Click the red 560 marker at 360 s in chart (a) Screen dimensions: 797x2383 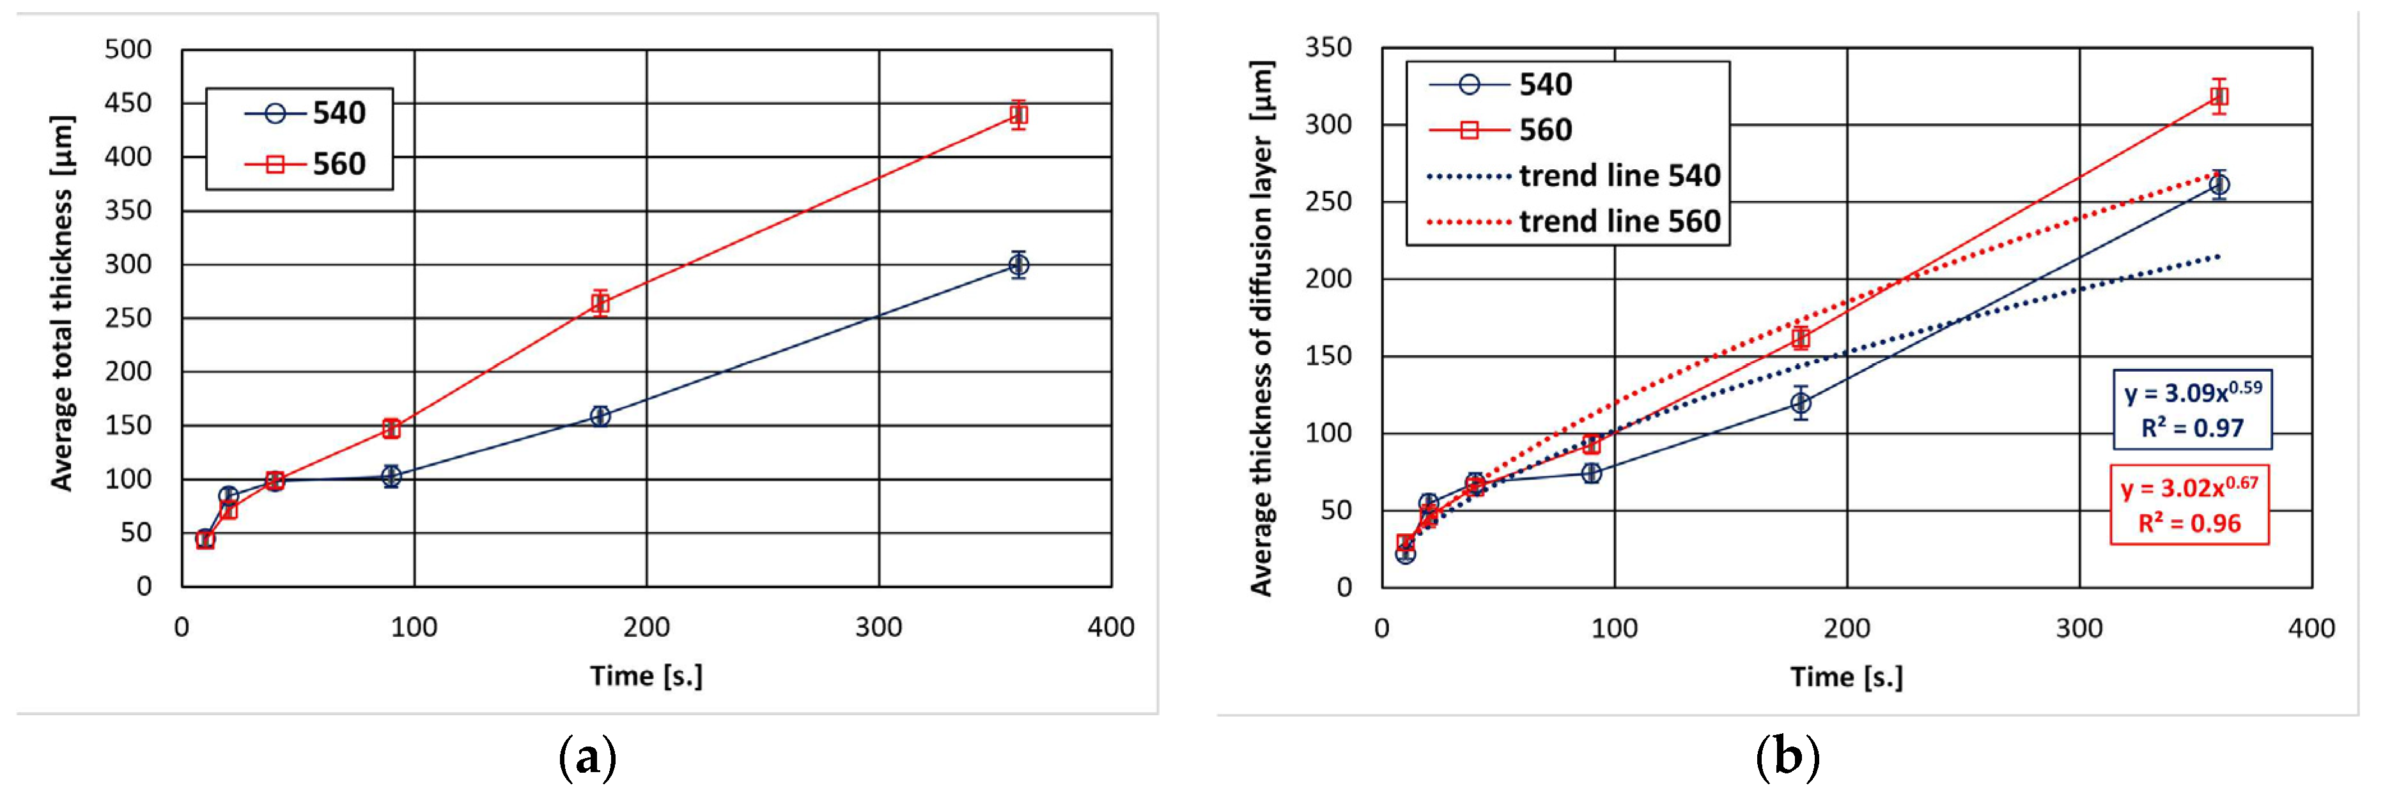click(x=1018, y=115)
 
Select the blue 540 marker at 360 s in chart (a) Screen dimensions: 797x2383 click(x=1018, y=266)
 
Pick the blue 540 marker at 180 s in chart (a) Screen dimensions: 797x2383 click(x=600, y=416)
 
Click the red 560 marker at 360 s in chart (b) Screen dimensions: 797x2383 click(x=2218, y=96)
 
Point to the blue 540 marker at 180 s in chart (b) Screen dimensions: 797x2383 click(x=1800, y=403)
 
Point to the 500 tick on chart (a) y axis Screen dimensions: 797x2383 click(x=128, y=49)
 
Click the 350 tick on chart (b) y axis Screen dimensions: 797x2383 click(x=1328, y=47)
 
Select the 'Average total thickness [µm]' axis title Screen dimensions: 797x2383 click(x=61, y=303)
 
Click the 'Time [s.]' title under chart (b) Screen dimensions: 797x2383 click(x=1847, y=677)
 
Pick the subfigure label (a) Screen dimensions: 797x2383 click(x=587, y=758)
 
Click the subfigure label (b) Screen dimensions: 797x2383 click(x=1787, y=758)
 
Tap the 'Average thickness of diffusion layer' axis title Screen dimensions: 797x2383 click(x=1262, y=328)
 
